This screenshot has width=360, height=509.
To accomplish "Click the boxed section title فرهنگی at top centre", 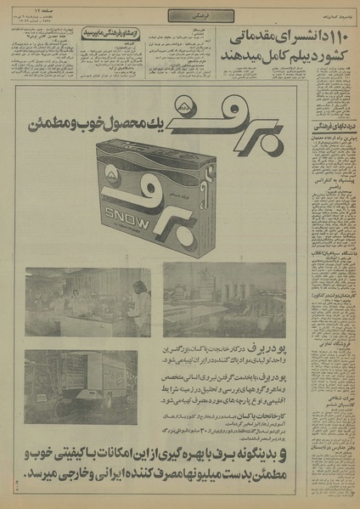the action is [180, 15].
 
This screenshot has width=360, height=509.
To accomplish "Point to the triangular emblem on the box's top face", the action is [134, 169].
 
